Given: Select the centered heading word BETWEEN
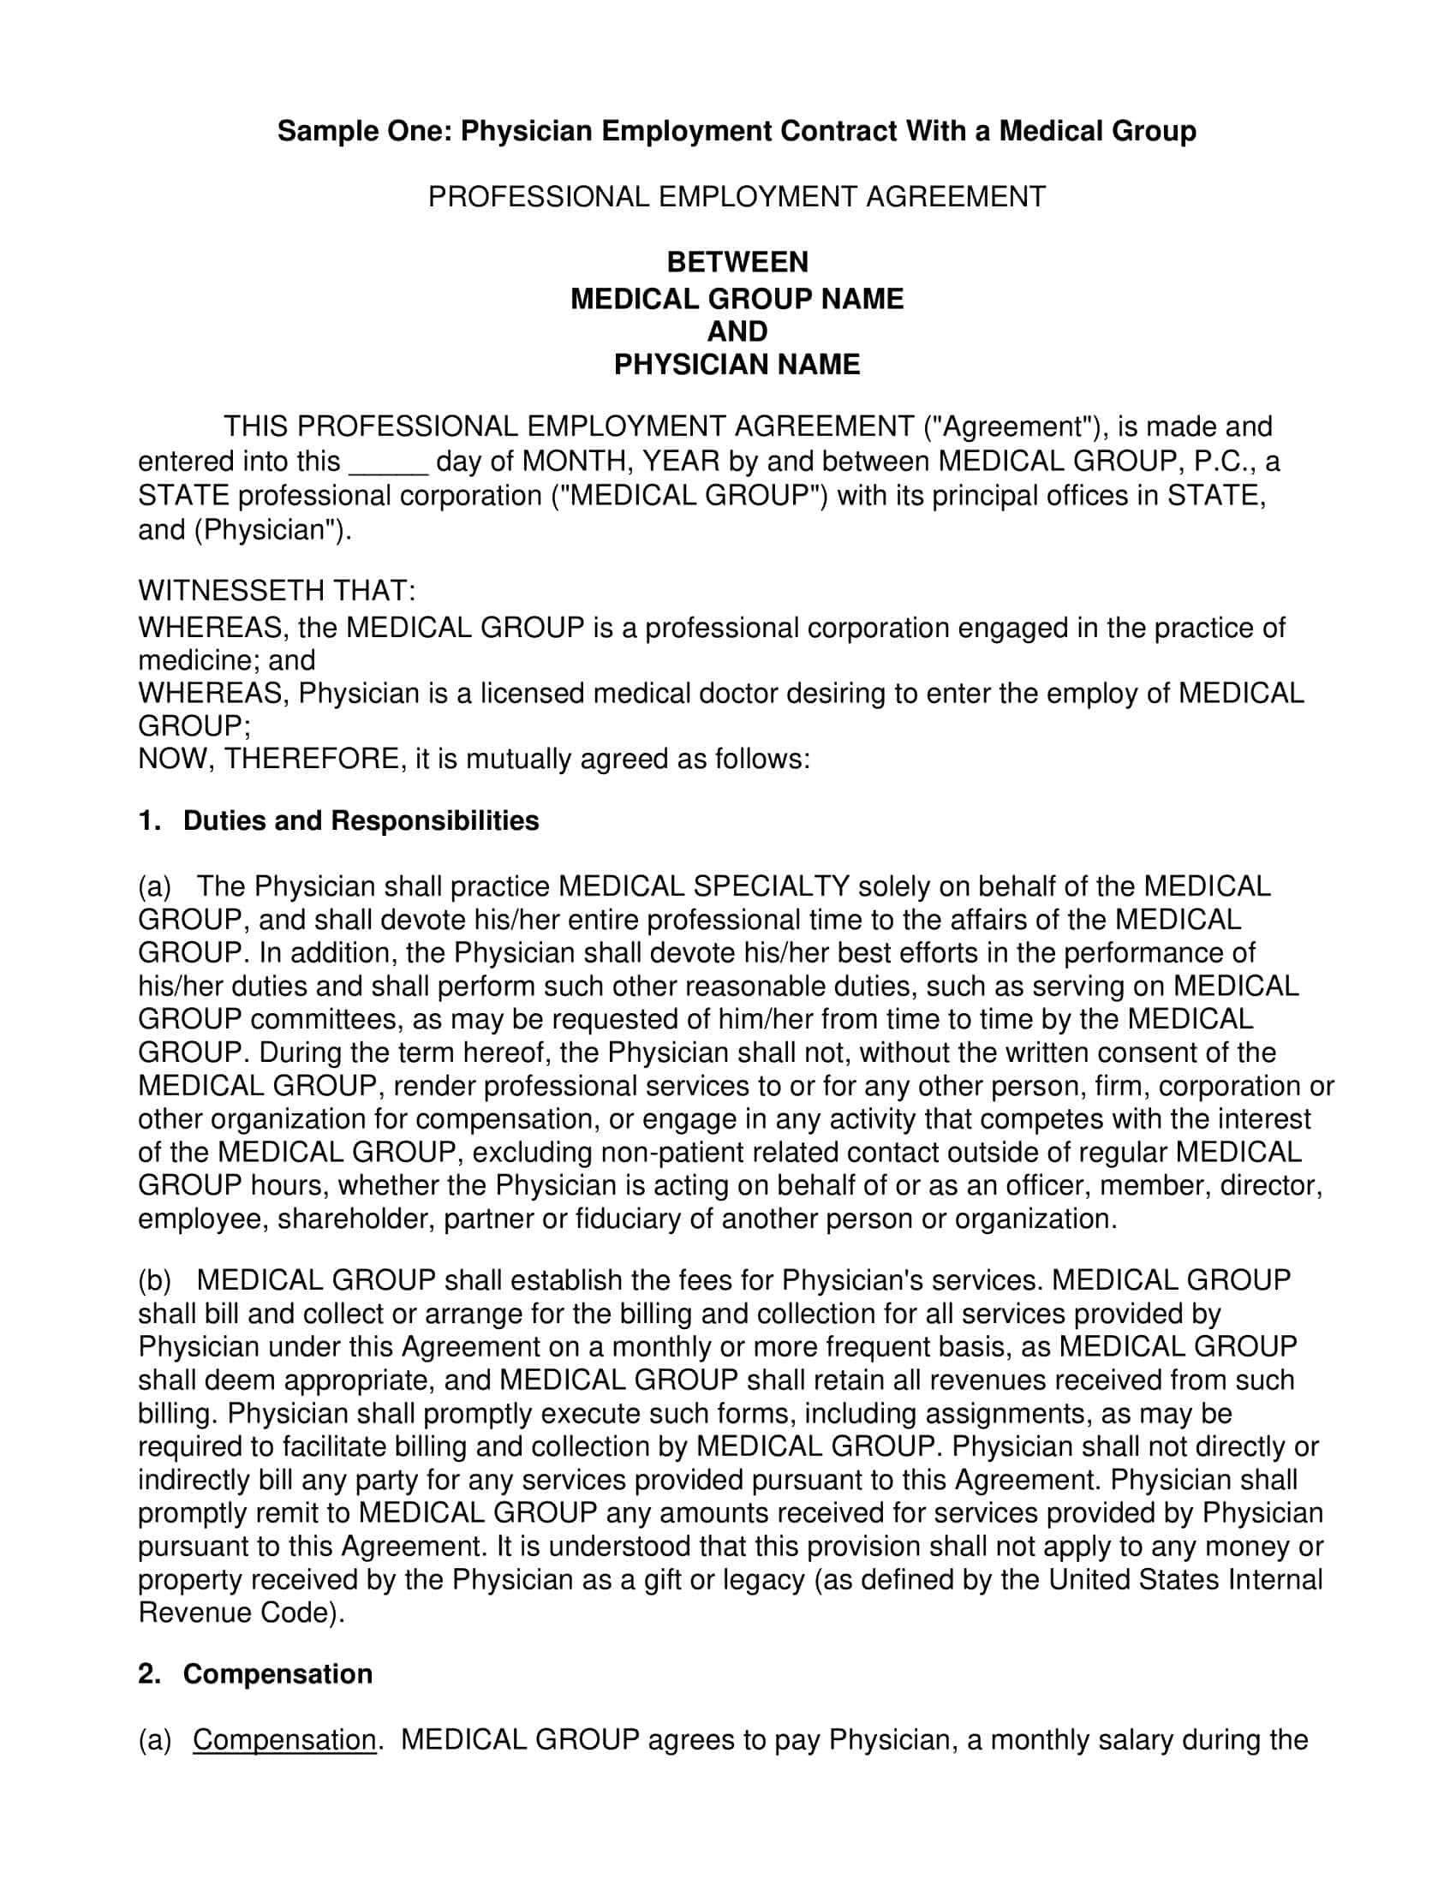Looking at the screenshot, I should (x=737, y=261).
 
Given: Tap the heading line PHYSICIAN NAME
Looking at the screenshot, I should (x=737, y=364).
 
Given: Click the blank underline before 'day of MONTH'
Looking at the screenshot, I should (x=387, y=462).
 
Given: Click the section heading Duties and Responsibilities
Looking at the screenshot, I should (x=361, y=820).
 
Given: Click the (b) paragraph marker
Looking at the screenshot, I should (x=154, y=1280).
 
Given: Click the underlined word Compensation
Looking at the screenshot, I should (x=283, y=1740).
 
